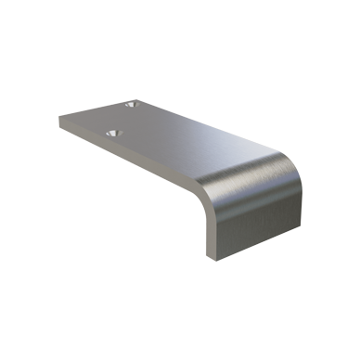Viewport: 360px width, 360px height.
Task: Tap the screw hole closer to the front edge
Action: [115, 135]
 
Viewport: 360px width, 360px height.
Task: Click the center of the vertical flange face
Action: [256, 218]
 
